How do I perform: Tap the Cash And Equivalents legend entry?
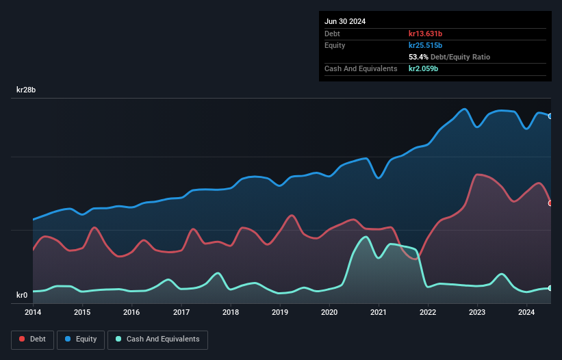[157, 339]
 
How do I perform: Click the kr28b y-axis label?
[26, 90]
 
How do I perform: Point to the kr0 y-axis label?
[22, 295]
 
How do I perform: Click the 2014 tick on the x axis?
[33, 312]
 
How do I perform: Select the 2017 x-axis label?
[181, 312]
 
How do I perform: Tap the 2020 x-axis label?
[329, 312]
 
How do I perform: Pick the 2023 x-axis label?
[477, 312]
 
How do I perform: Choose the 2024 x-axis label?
[526, 312]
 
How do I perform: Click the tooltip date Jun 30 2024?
[345, 21]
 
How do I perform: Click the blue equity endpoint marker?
[550, 116]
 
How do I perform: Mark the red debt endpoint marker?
[550, 203]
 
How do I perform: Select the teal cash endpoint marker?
[550, 288]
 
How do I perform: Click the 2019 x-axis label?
[280, 312]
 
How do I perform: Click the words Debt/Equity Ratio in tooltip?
[460, 57]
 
